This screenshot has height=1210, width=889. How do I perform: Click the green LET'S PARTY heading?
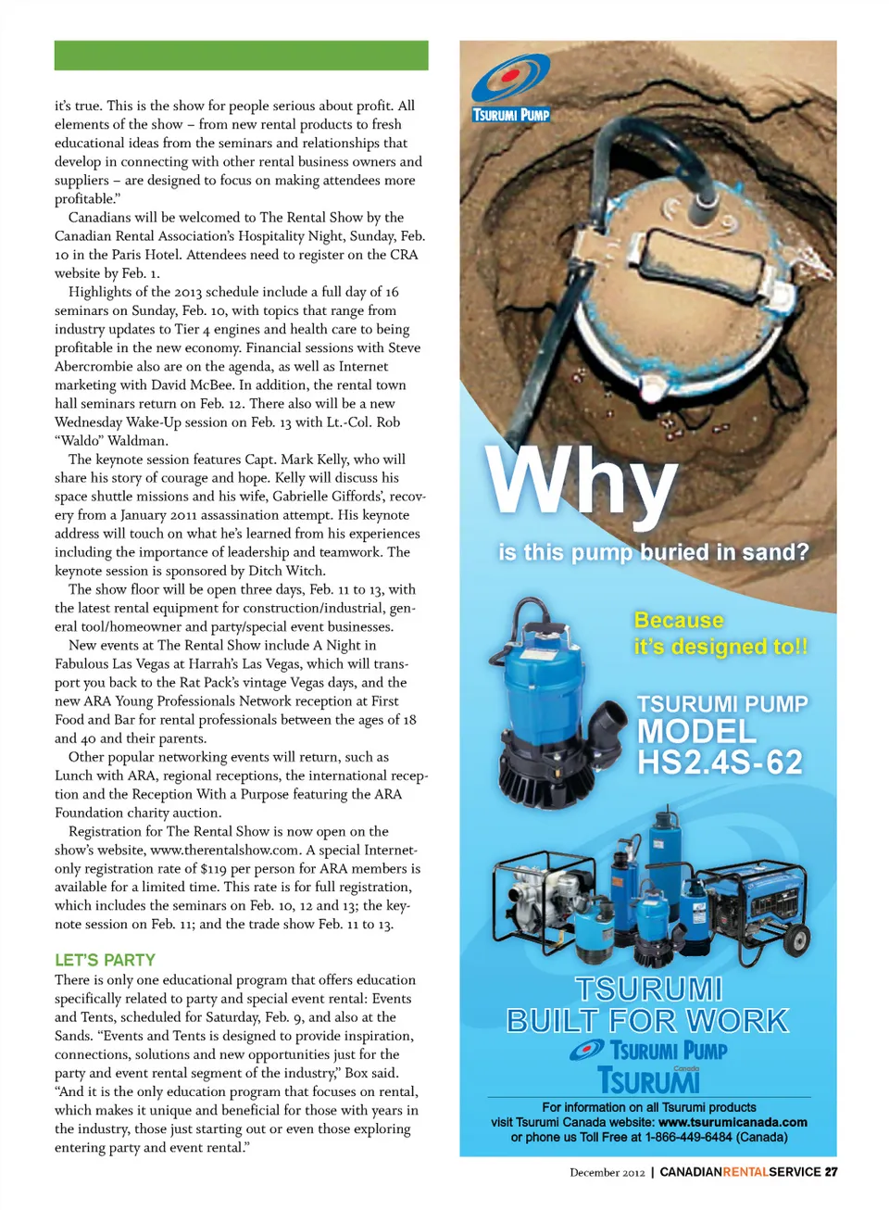click(x=105, y=960)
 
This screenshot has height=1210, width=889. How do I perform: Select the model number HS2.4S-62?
click(x=720, y=763)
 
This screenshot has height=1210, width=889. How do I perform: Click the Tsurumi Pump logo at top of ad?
click(x=510, y=89)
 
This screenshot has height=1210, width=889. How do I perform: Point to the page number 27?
click(x=831, y=1172)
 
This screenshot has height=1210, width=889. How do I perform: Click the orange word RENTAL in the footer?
click(x=745, y=1172)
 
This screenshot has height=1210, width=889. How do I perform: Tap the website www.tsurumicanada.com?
click(x=732, y=1122)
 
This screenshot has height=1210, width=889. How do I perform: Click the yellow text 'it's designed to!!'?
click(x=720, y=647)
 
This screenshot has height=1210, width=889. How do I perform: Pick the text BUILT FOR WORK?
click(x=647, y=1021)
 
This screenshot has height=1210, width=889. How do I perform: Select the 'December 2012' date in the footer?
click(x=607, y=1173)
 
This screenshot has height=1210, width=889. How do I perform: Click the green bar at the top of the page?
click(x=241, y=56)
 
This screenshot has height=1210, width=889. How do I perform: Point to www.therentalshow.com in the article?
click(x=224, y=851)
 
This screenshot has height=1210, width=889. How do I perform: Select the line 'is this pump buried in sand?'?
click(x=653, y=552)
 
